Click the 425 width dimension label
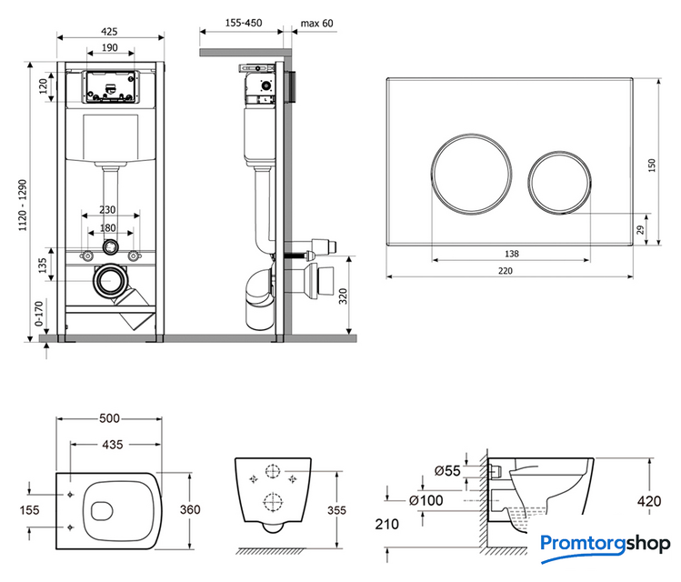(x=110, y=30)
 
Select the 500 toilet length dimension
(x=110, y=418)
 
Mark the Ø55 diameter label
(x=446, y=470)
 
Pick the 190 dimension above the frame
(x=110, y=48)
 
